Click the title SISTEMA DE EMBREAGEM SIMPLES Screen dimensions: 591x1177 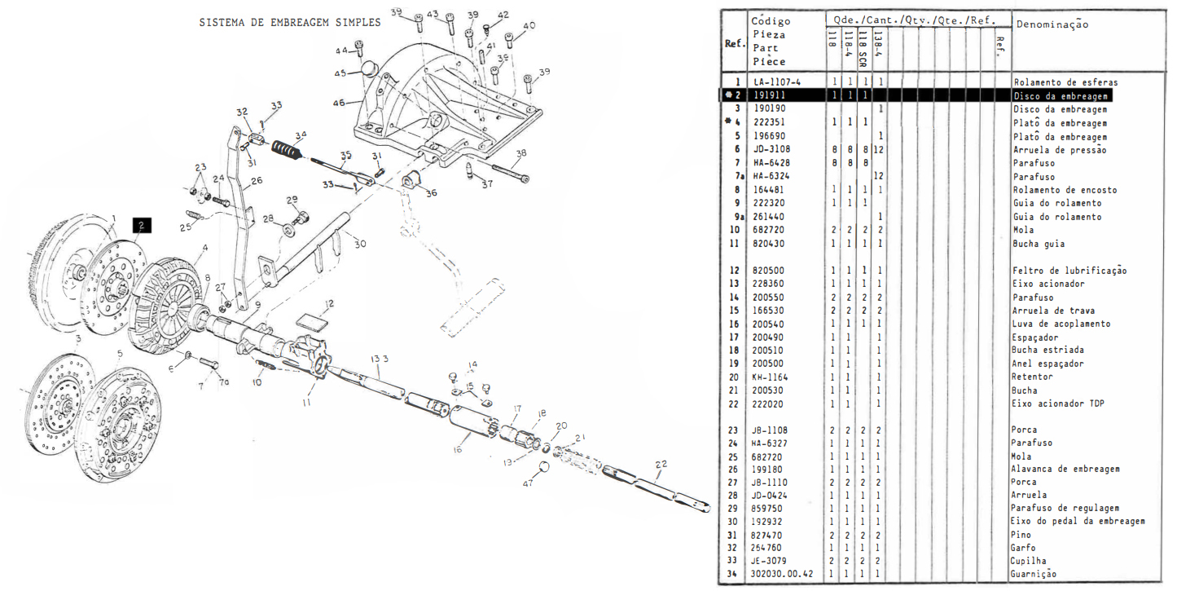click(x=289, y=22)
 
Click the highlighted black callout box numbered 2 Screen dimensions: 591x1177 click(x=141, y=225)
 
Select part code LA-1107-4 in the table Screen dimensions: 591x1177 click(x=777, y=82)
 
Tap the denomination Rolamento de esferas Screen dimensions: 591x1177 click(x=1065, y=82)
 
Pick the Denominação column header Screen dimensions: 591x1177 click(x=1052, y=24)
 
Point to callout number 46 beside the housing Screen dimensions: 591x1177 click(x=339, y=103)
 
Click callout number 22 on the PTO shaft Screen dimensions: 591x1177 click(x=661, y=463)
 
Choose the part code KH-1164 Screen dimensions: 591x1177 click(x=771, y=377)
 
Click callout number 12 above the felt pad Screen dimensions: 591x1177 click(x=328, y=305)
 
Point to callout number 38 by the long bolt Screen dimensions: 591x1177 click(x=520, y=152)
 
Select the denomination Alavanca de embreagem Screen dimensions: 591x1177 click(x=1065, y=469)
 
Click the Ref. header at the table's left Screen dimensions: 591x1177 click(x=735, y=43)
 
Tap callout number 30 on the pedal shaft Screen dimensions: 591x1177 click(x=360, y=243)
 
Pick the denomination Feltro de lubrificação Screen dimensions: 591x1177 click(x=1069, y=271)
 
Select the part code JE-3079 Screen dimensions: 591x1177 click(x=770, y=561)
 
